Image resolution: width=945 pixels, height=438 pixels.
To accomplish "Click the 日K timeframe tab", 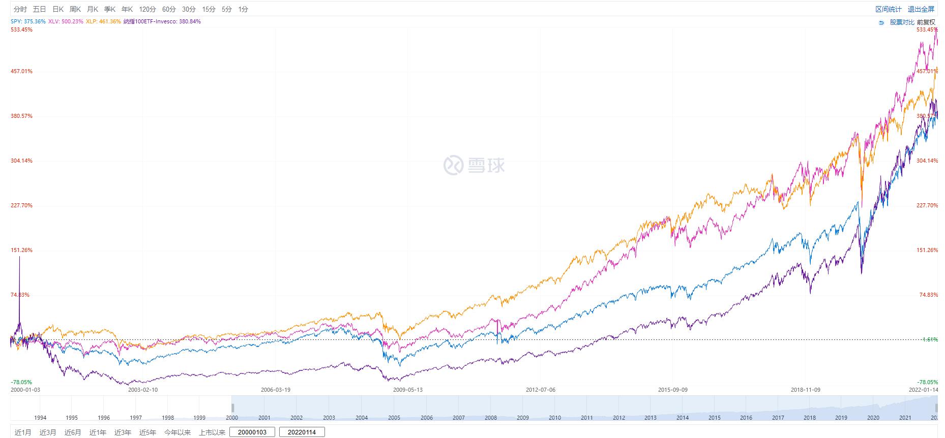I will point(58,9).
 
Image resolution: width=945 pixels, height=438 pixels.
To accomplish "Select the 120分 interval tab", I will point(147,9).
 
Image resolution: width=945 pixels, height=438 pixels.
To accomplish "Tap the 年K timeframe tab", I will point(127,9).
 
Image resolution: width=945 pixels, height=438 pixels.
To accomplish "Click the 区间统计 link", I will point(888,9).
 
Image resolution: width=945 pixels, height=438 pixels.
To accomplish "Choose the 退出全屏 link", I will point(921,9).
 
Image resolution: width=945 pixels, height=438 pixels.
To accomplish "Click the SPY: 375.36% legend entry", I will point(28,21).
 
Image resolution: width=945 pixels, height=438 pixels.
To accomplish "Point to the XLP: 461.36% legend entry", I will point(103,21).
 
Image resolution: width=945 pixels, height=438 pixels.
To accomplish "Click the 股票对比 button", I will point(902,22).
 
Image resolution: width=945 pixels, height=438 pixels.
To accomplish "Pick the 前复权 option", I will point(926,22).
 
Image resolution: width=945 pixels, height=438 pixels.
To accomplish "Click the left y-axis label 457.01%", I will point(21,71).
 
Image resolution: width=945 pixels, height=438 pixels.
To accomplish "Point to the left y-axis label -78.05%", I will point(21,382).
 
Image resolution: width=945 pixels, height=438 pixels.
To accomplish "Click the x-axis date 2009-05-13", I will point(408,390).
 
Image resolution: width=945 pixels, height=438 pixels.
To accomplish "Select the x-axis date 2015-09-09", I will point(673,390).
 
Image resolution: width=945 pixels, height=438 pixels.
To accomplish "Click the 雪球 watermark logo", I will point(474,165).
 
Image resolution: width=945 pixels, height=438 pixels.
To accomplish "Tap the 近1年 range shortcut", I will point(98,432).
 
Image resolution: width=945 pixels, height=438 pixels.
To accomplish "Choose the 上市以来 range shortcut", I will point(212,432).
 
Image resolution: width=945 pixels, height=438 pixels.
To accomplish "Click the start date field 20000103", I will point(252,432).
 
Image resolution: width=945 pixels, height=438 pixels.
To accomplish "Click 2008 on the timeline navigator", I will point(491,418).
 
